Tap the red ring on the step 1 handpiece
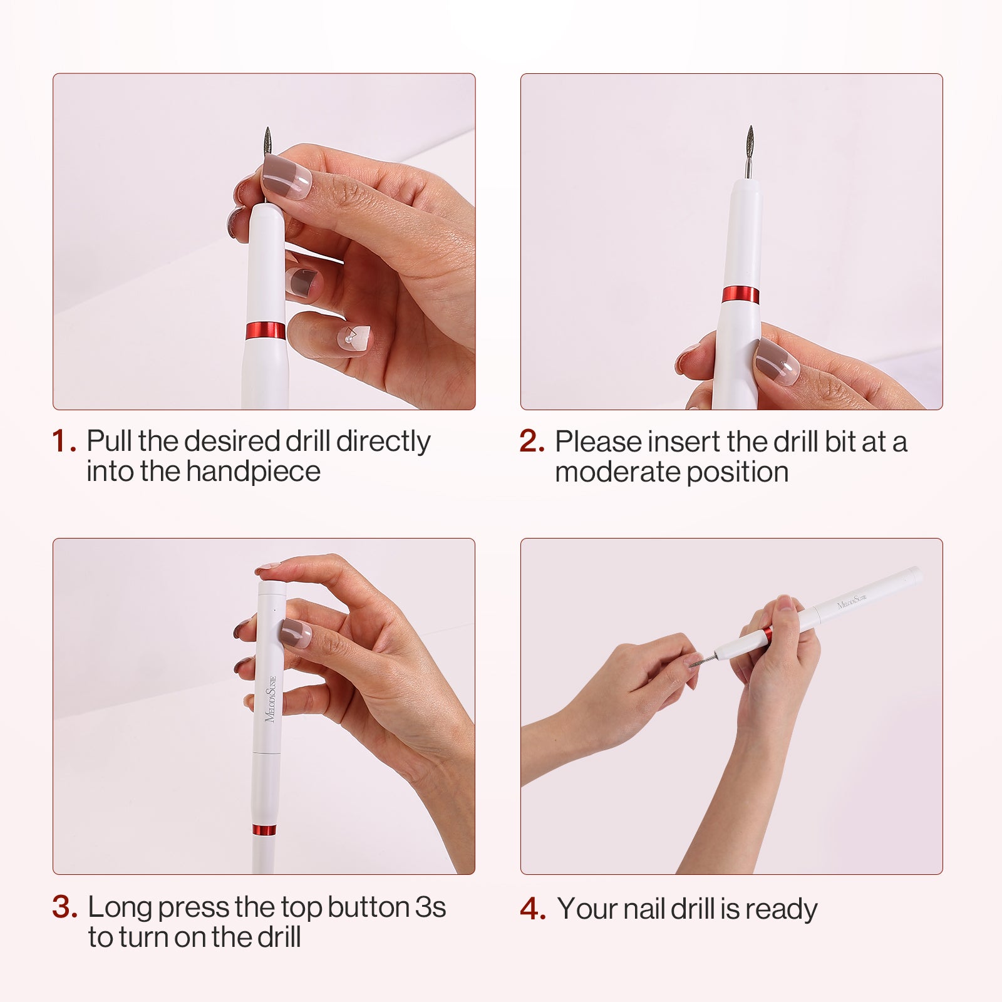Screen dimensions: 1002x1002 pos(265,331)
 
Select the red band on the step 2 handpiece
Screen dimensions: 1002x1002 pos(740,294)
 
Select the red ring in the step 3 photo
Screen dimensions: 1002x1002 pos(264,830)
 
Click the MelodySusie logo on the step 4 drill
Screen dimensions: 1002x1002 pos(852,602)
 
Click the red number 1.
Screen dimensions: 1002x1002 pos(64,442)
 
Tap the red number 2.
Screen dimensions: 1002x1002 pos(532,442)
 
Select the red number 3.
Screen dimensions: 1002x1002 pos(65,907)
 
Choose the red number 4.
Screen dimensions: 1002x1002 pos(532,909)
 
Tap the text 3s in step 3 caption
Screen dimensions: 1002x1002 pos(430,907)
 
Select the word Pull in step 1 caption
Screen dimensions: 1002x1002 pos(109,441)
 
